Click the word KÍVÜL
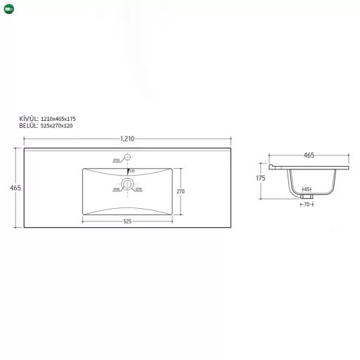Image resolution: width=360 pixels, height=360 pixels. pyautogui.click(x=29, y=119)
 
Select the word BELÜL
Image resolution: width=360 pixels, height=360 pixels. pyautogui.click(x=29, y=125)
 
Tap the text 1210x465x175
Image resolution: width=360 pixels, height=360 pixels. pyautogui.click(x=58, y=119)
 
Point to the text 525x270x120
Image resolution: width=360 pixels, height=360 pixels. pyautogui.click(x=56, y=125)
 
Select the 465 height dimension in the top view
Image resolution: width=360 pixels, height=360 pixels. pyautogui.click(x=15, y=188)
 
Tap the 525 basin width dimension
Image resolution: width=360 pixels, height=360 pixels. pyautogui.click(x=127, y=221)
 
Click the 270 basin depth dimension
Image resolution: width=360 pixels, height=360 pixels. pyautogui.click(x=180, y=191)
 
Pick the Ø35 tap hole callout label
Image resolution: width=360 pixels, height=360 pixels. pyautogui.click(x=116, y=160)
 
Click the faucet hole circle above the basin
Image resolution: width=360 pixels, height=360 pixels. pyautogui.click(x=127, y=157)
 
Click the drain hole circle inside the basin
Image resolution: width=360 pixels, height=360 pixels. pyautogui.click(x=127, y=184)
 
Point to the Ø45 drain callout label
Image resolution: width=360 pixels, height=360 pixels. pyautogui.click(x=116, y=189)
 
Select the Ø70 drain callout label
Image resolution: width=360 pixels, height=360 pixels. pyautogui.click(x=139, y=189)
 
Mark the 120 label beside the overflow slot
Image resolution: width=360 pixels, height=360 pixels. pyautogui.click(x=131, y=169)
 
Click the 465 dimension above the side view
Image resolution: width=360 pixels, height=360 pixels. pyautogui.click(x=308, y=155)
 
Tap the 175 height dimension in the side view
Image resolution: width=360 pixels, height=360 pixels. pyautogui.click(x=261, y=179)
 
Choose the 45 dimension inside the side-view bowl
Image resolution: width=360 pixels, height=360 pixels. pyautogui.click(x=307, y=189)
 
